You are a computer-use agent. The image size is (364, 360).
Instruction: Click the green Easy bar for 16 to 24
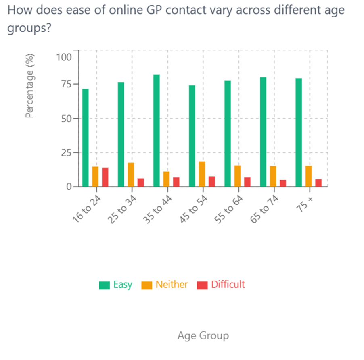click(x=86, y=138)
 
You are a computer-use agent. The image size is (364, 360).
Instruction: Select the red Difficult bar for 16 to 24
click(x=105, y=177)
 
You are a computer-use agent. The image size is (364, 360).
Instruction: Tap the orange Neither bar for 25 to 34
click(x=131, y=175)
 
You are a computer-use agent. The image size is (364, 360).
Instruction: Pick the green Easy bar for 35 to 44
click(x=157, y=131)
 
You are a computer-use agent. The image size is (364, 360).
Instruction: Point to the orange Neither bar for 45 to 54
click(x=202, y=174)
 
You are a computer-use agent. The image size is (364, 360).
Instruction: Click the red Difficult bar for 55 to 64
click(x=247, y=182)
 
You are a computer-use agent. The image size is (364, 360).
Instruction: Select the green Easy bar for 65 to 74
click(x=263, y=132)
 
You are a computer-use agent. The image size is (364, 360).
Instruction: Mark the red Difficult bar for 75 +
click(x=318, y=183)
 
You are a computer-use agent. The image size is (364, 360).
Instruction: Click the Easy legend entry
click(x=116, y=285)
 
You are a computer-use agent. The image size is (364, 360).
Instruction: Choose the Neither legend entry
click(x=165, y=285)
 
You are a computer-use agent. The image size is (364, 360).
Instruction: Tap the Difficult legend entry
click(x=221, y=285)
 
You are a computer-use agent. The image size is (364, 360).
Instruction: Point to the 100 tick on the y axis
click(x=64, y=57)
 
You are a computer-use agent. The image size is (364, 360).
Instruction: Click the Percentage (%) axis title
click(x=29, y=86)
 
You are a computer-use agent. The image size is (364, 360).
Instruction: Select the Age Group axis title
click(x=203, y=335)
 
